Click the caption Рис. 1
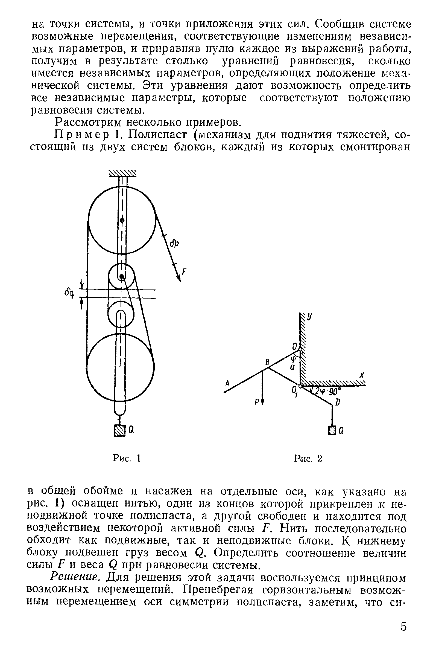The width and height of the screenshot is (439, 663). (x=126, y=458)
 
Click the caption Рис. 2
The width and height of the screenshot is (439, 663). (x=308, y=458)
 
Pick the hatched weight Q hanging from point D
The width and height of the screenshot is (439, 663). (x=332, y=430)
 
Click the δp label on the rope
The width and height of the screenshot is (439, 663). (x=174, y=244)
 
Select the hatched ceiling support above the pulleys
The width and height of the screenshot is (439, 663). (x=123, y=173)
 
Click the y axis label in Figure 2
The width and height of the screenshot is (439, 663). (x=309, y=316)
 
